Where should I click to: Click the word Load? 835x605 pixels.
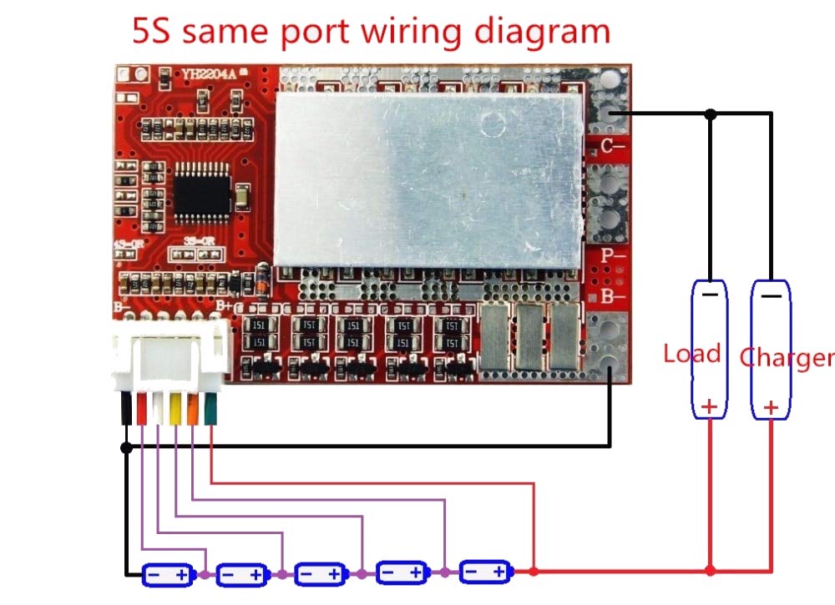click(x=692, y=354)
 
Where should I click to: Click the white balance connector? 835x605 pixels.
click(x=173, y=355)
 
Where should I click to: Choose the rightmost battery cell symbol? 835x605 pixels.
click(x=485, y=572)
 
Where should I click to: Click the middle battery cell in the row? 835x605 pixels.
click(x=321, y=574)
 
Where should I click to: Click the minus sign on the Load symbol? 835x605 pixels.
click(x=709, y=295)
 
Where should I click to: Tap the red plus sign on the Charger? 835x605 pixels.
click(x=772, y=407)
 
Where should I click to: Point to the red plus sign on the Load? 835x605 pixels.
click(x=709, y=407)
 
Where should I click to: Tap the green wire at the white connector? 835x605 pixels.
click(x=210, y=409)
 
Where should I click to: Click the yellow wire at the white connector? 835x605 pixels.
click(x=175, y=409)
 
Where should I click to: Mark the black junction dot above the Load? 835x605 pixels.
click(x=710, y=113)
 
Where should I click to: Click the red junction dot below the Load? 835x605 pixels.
click(x=710, y=571)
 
